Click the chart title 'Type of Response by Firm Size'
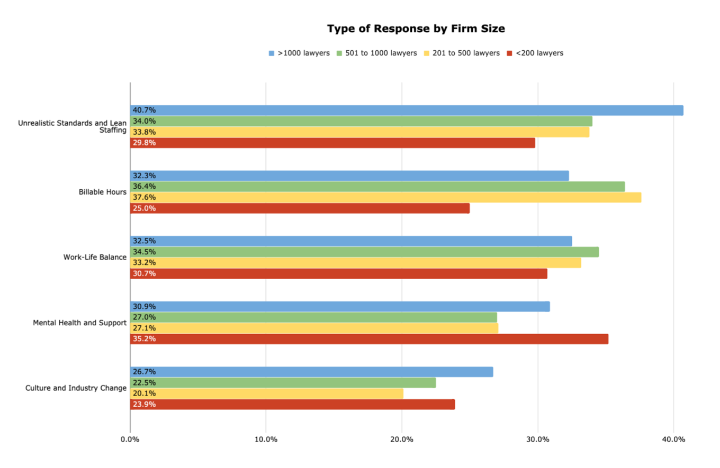416,29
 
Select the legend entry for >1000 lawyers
299,53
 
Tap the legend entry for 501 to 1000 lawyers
377,53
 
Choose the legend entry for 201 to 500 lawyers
462,53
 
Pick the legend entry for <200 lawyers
535,53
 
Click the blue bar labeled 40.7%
407,111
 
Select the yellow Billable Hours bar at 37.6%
386,197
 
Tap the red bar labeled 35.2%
370,339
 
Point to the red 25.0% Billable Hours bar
300,208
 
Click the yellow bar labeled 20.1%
267,393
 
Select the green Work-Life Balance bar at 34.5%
364,252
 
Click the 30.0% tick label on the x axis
538,439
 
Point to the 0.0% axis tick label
130,439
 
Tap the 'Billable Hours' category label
103,192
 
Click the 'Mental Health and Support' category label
80,323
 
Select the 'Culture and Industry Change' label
76,388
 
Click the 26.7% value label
145,372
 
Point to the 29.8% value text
145,143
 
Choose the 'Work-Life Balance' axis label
95,257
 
